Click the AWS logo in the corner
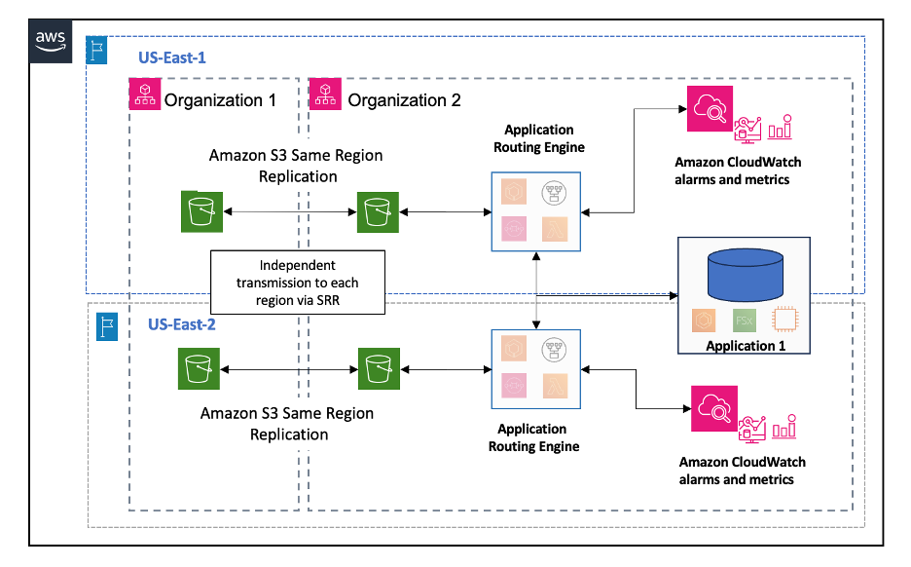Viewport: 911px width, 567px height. [51, 39]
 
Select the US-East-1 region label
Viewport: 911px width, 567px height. [171, 57]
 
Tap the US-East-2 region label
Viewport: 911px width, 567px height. [181, 324]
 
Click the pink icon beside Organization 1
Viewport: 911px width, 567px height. [144, 94]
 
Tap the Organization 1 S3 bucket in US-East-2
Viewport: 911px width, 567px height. [201, 369]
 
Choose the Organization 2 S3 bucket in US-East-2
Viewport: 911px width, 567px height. [378, 369]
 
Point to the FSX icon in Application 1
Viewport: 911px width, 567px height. [746, 321]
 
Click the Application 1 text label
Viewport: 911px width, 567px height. [745, 346]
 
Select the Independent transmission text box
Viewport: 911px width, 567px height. [298, 283]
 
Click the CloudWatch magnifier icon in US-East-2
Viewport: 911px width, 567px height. [712, 409]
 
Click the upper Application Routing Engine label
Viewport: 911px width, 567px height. [539, 138]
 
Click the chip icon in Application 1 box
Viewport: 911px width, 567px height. [787, 321]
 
